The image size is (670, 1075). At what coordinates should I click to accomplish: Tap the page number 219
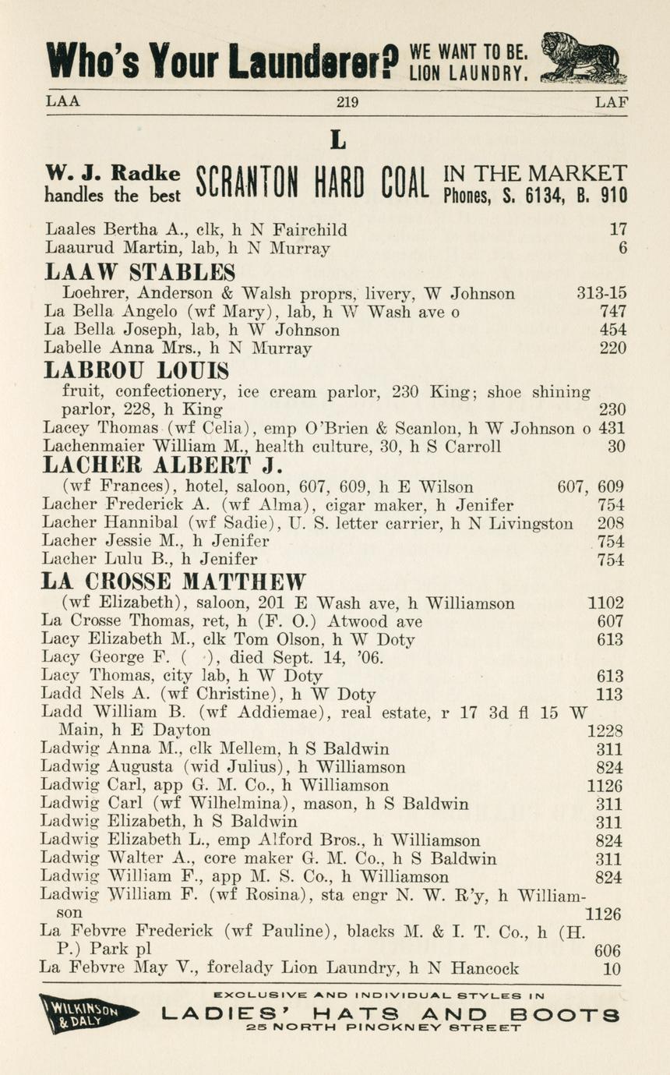[347, 101]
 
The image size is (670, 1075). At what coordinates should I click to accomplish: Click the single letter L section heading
[337, 140]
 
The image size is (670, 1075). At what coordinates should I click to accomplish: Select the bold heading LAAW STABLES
[140, 272]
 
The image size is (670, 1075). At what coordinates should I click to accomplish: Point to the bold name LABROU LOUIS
[136, 370]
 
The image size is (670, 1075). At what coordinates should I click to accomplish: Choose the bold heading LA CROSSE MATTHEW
[174, 582]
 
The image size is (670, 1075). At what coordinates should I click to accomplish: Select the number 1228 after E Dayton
[605, 730]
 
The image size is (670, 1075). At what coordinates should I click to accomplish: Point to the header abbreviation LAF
[611, 101]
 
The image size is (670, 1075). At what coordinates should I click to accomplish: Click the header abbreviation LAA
[63, 101]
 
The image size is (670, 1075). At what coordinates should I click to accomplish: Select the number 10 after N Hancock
[613, 969]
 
